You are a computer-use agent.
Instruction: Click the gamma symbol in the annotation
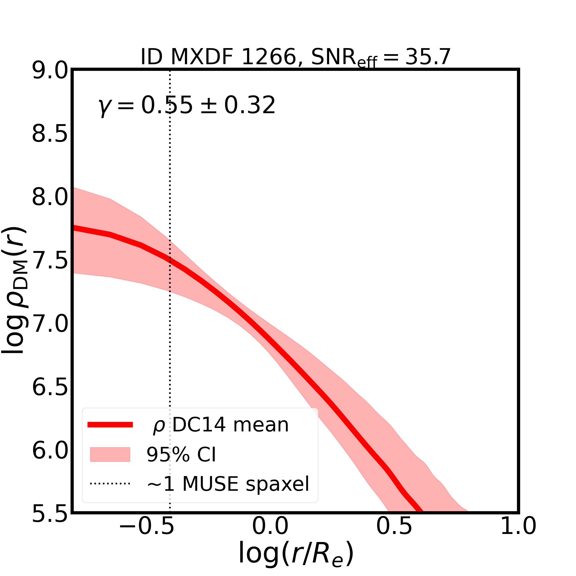pyautogui.click(x=103, y=107)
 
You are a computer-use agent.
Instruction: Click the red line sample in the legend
pyautogui.click(x=110, y=425)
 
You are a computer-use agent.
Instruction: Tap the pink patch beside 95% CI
pyautogui.click(x=110, y=454)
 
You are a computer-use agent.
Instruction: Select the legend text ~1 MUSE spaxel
pyautogui.click(x=228, y=484)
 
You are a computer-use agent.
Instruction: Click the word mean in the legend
pyautogui.click(x=261, y=425)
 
